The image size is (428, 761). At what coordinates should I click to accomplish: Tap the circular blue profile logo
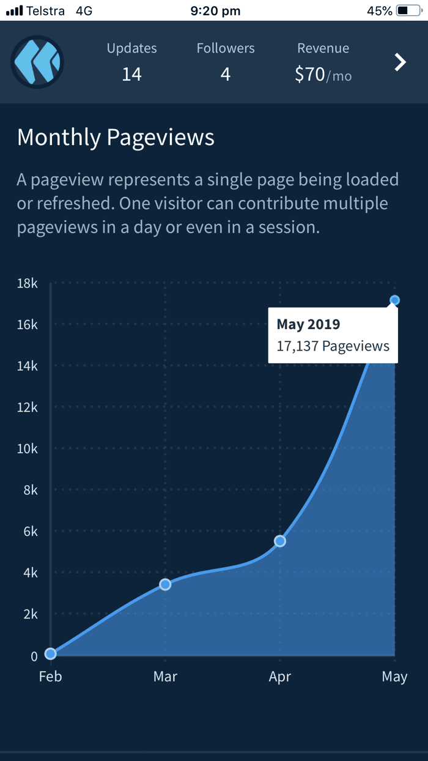pos(37,62)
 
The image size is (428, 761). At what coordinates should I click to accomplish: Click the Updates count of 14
pos(132,75)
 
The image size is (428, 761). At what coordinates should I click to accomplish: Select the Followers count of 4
pos(226,75)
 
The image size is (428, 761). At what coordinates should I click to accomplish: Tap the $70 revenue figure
pos(310,74)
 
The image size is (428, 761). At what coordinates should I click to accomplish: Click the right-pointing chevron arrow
pos(400,62)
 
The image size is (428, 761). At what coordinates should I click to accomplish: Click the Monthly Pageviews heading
pos(116,138)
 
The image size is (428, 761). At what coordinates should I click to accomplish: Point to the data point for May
pos(394,300)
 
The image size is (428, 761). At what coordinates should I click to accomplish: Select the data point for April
pos(280,541)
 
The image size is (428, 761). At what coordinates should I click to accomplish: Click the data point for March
pos(165,584)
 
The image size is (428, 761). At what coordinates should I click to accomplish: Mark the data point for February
pos(51,653)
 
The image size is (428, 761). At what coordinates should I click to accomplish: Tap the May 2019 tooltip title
pos(308,324)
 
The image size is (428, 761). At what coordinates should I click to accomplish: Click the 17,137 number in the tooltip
pos(298,346)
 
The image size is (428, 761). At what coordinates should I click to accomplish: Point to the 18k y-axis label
pos(27,283)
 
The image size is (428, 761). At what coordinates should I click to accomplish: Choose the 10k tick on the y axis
pos(27,449)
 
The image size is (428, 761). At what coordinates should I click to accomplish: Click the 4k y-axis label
pos(31,573)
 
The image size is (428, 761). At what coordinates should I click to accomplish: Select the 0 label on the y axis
pos(34,656)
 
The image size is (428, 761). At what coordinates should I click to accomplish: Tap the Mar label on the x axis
pos(165,677)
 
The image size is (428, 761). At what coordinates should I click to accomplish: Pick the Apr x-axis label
pos(280,677)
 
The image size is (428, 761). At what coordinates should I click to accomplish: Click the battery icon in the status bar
pos(409,11)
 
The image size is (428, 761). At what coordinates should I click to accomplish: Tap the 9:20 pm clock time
pos(215,11)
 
